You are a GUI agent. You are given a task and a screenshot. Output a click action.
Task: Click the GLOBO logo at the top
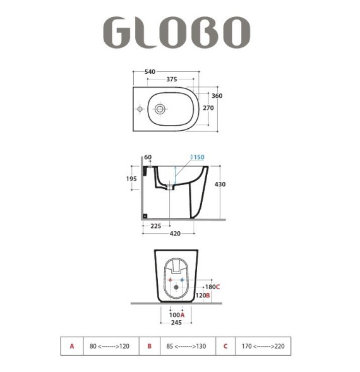(x=177, y=32)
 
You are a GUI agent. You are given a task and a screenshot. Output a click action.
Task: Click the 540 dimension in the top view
(x=150, y=71)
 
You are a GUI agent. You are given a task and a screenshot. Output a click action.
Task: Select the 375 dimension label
(x=171, y=80)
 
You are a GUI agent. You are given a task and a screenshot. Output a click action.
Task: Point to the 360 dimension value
(x=217, y=96)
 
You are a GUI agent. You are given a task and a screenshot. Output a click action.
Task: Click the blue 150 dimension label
(x=197, y=157)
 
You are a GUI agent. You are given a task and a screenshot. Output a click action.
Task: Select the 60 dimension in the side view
(x=148, y=157)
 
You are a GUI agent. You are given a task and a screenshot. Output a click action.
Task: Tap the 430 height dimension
(x=220, y=184)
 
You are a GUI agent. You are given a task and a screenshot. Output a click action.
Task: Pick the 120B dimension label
(x=203, y=295)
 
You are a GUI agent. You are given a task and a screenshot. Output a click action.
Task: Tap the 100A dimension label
(x=177, y=315)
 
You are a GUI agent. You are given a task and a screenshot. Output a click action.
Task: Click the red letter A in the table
(x=72, y=346)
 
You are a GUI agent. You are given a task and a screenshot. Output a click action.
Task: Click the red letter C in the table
(x=225, y=346)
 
